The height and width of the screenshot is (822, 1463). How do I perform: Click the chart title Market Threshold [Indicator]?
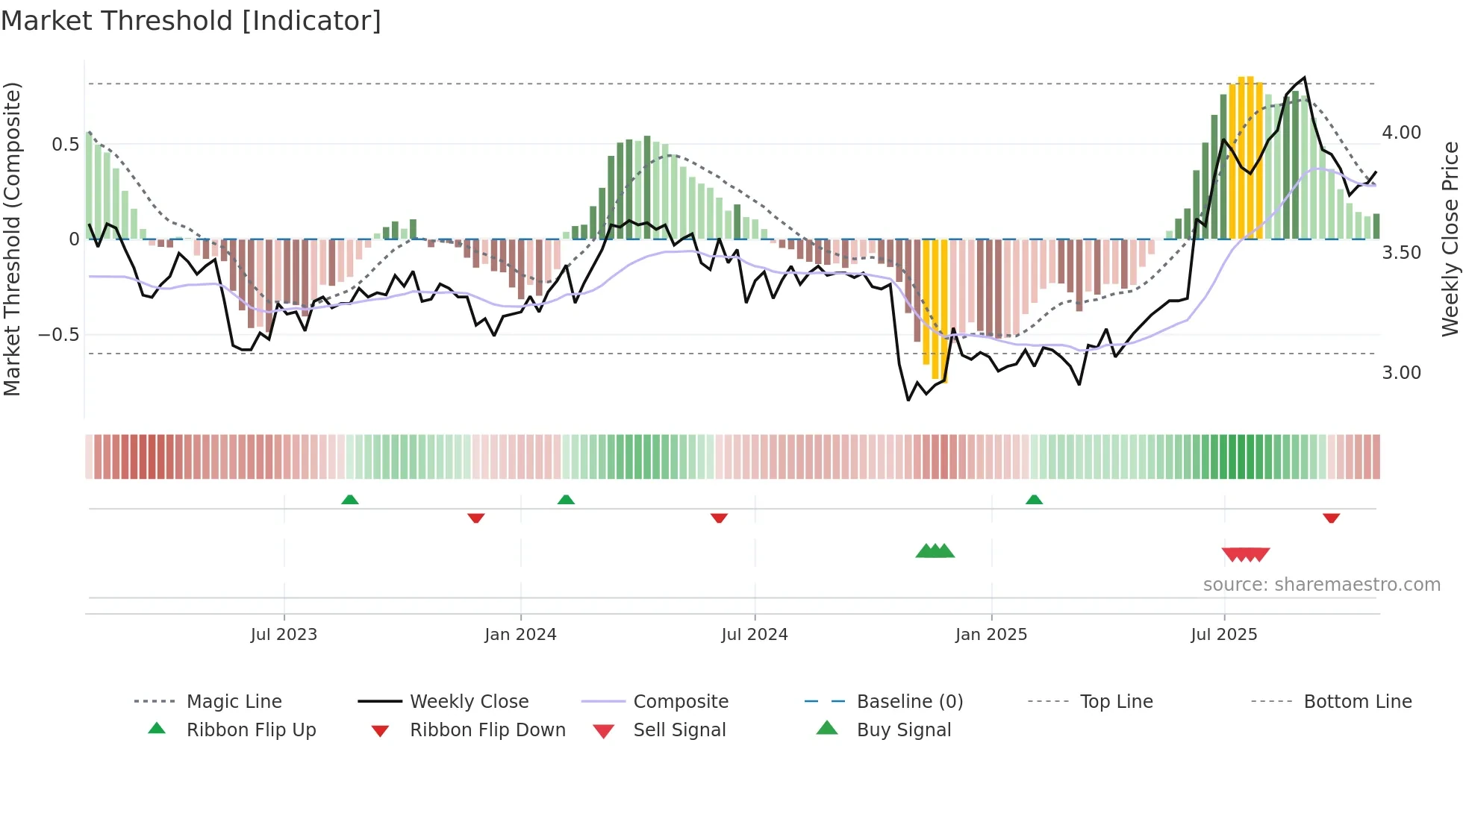[x=191, y=21]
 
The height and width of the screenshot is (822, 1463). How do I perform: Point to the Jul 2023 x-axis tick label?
[x=284, y=635]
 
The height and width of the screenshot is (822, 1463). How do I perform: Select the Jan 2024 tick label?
[x=520, y=635]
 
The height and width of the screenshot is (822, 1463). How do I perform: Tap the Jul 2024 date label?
[x=754, y=635]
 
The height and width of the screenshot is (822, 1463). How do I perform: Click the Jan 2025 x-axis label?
[x=991, y=635]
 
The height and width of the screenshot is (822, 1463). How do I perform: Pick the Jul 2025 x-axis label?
[x=1223, y=635]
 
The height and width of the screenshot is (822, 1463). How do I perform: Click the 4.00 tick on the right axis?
[x=1401, y=133]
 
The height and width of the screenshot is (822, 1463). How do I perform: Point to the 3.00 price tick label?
[x=1401, y=373]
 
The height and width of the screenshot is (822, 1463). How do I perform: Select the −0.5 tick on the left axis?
[x=58, y=335]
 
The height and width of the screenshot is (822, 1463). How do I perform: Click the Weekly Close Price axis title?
[x=1450, y=239]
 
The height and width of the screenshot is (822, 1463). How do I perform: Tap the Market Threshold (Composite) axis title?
[x=12, y=239]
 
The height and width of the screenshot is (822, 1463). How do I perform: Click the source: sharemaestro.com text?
[x=1321, y=585]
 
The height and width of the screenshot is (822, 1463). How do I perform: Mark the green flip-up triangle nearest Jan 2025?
[x=1034, y=500]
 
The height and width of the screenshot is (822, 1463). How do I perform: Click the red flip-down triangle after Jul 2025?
[x=1331, y=518]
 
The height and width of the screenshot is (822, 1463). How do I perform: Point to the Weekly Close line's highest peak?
[x=1304, y=78]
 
